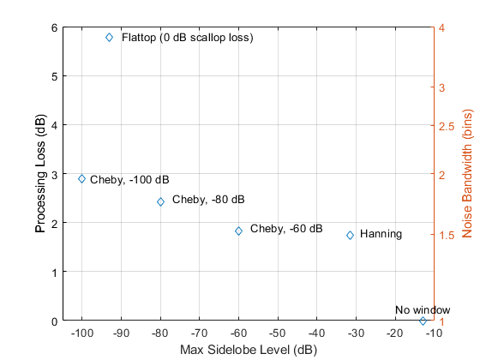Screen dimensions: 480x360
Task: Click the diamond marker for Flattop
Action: coord(110,38)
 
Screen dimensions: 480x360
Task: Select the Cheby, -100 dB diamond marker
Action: coord(81,179)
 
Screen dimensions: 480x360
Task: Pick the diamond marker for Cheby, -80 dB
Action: coord(161,201)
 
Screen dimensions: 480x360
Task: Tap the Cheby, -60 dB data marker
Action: coord(239,231)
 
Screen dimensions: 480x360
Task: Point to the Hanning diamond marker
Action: coord(351,235)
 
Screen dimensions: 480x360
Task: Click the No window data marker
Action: coord(423,321)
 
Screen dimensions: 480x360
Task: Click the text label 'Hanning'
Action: coord(381,234)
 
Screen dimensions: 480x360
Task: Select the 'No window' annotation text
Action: coord(423,309)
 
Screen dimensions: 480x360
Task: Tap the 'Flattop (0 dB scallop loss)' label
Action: coord(188,38)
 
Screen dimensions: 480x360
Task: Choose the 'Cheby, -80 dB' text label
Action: coord(208,200)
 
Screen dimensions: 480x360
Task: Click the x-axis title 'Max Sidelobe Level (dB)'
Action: coord(249,350)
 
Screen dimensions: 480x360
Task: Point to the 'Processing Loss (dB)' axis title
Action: coord(40,173)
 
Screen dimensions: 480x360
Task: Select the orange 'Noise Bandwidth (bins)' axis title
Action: coord(467,173)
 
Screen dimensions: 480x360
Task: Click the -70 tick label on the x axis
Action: coord(200,333)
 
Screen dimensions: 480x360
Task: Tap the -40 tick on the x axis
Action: coord(317,333)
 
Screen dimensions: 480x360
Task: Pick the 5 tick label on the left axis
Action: coord(55,76)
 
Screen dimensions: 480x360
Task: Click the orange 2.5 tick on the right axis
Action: coord(447,126)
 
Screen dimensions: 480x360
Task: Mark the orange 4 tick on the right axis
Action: coord(441,27)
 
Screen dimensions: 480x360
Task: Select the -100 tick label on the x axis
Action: coord(81,333)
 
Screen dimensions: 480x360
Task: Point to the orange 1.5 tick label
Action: coord(447,235)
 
